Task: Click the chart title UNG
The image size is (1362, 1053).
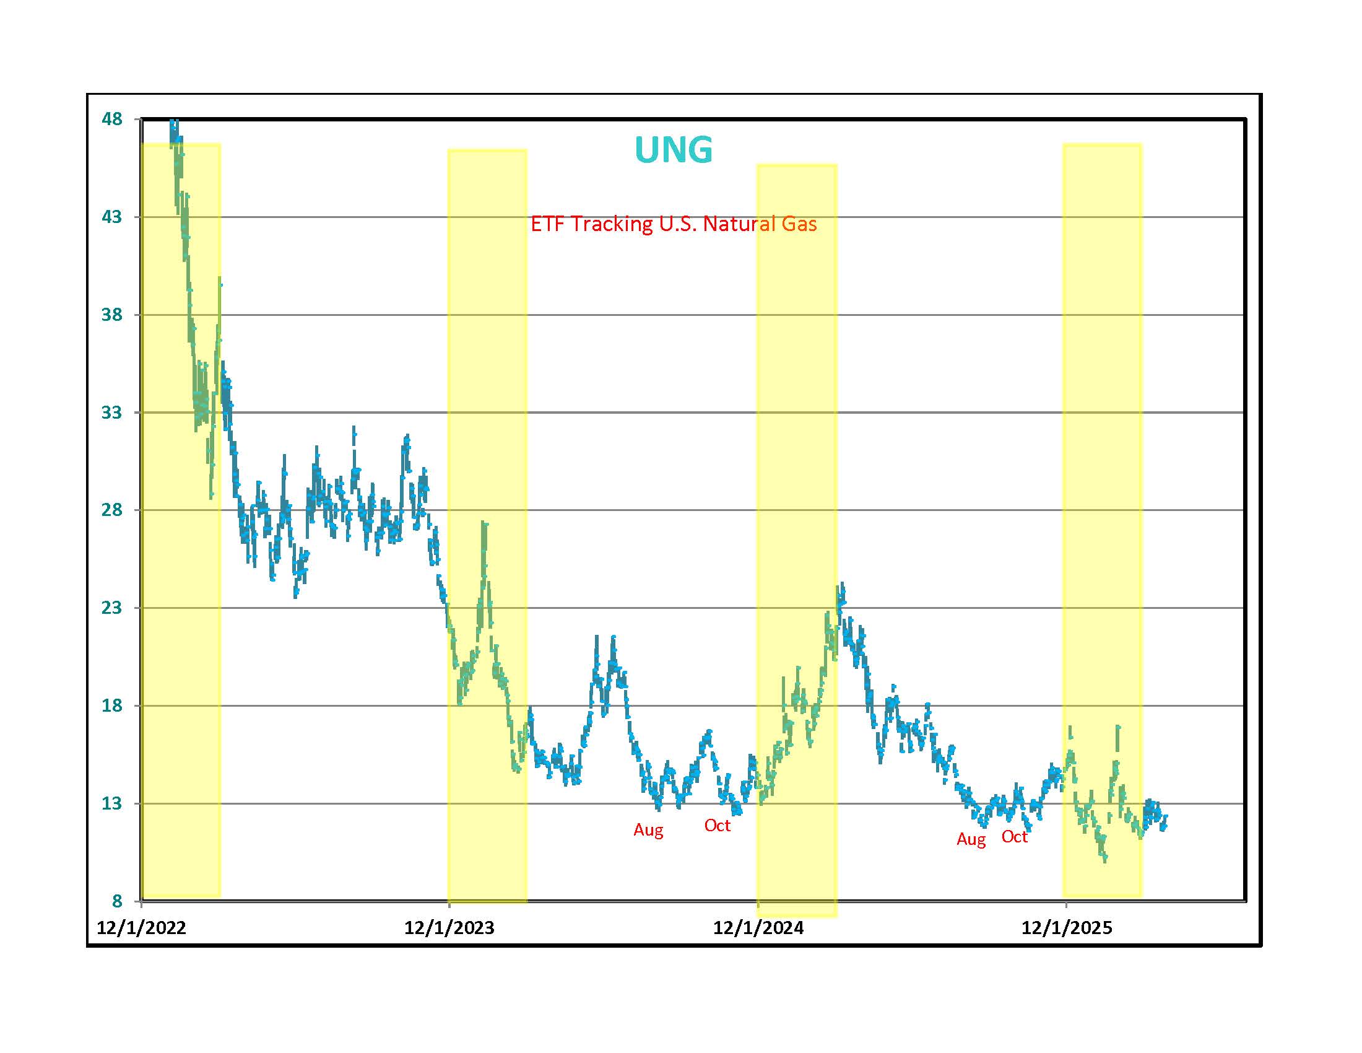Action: click(x=673, y=150)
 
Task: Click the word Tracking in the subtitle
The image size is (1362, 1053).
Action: click(x=612, y=224)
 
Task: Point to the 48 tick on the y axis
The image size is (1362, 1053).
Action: click(x=111, y=118)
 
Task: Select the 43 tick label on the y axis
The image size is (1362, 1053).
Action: click(x=111, y=216)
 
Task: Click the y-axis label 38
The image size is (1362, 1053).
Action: click(x=111, y=315)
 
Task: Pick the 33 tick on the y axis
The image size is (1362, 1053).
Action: click(x=111, y=413)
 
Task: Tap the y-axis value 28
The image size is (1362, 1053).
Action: click(x=111, y=510)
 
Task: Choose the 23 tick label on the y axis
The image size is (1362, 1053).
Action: click(x=111, y=608)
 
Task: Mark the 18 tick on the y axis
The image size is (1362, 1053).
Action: click(x=111, y=706)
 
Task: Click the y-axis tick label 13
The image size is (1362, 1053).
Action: click(x=111, y=803)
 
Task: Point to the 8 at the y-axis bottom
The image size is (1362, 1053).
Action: click(x=117, y=901)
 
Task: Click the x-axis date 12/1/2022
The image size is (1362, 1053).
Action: click(x=142, y=928)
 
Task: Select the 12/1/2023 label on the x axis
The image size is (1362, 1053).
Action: click(x=449, y=928)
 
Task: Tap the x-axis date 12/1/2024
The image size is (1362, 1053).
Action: click(x=758, y=928)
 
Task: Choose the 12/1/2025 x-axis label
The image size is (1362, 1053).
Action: click(x=1067, y=928)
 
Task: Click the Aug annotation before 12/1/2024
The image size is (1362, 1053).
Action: click(x=649, y=830)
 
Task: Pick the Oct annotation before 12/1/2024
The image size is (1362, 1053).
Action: click(x=717, y=825)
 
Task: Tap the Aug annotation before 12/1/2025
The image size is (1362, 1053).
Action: click(x=971, y=840)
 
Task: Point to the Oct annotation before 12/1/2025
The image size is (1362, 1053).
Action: click(x=1014, y=837)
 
